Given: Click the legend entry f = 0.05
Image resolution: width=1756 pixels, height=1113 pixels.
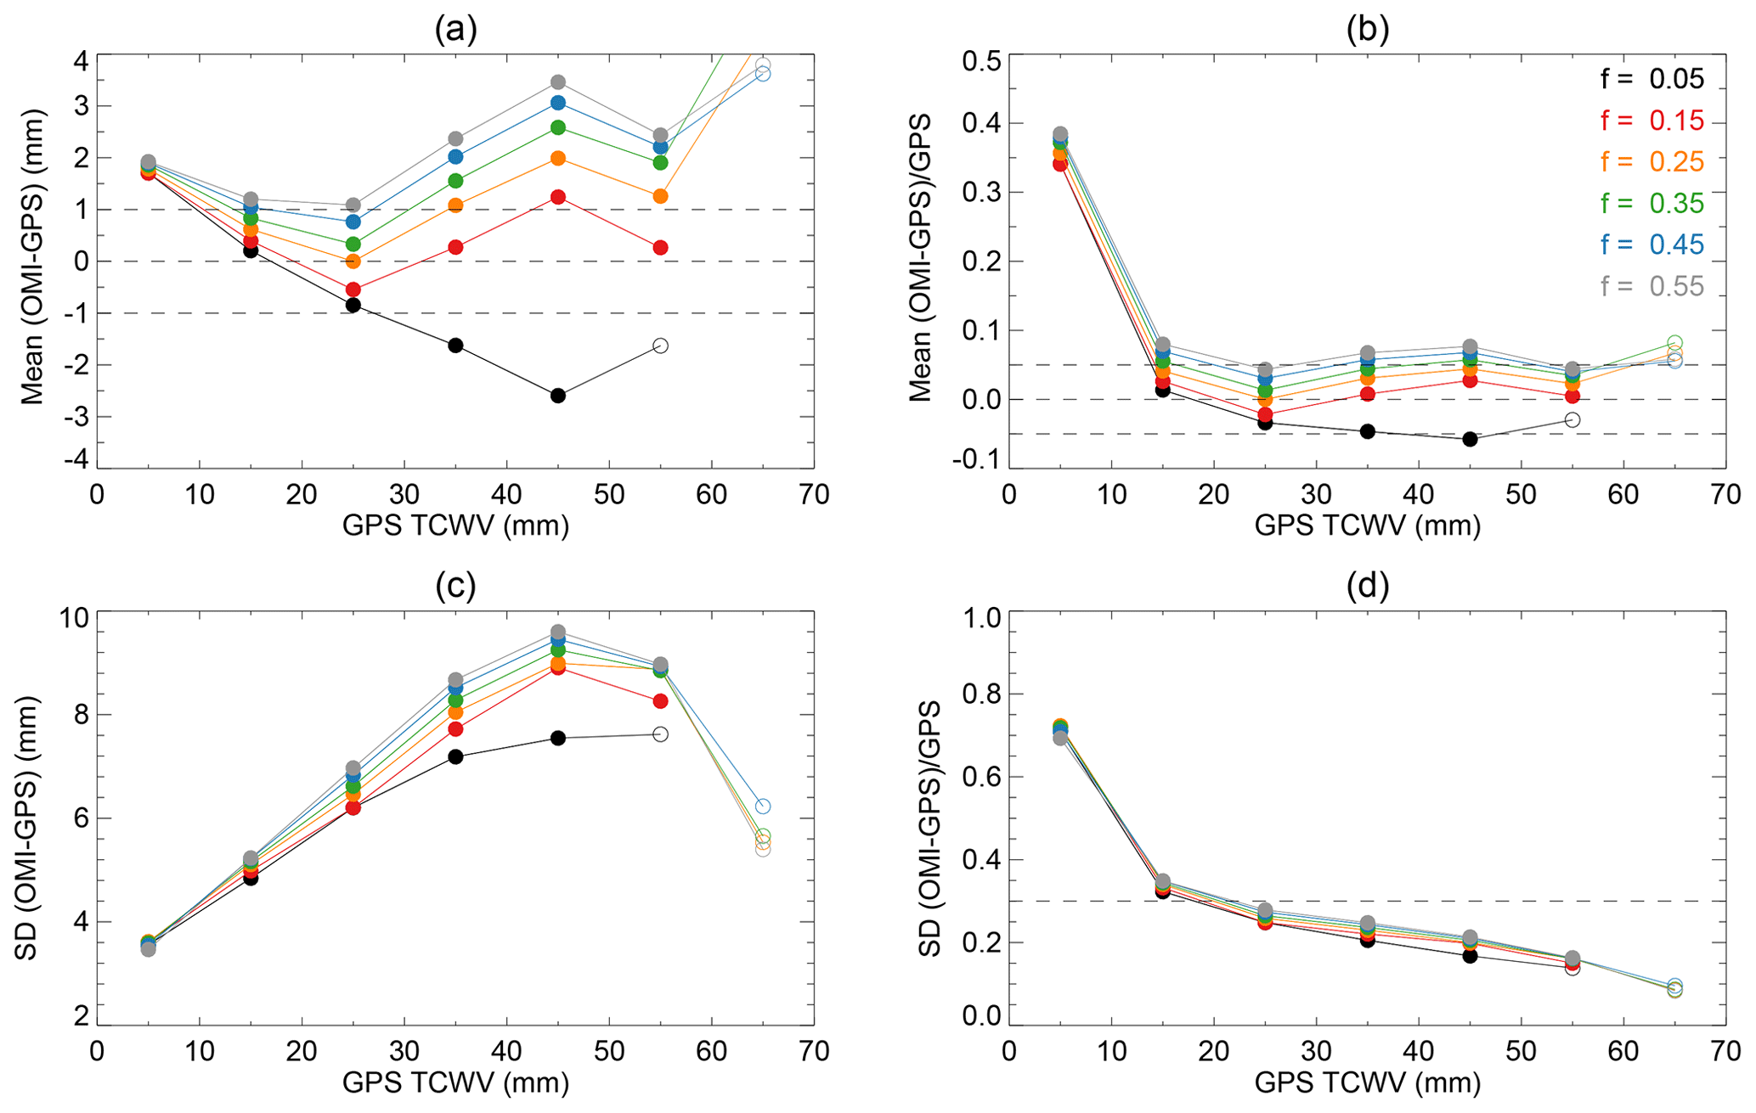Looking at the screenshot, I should [x=1652, y=79].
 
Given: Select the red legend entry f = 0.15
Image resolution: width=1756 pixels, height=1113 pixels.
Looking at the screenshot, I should [x=1652, y=121].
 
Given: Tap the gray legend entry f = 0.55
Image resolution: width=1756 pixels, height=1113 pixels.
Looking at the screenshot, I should [x=1652, y=286].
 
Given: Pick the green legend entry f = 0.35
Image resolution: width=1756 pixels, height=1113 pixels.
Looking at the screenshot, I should [x=1652, y=203].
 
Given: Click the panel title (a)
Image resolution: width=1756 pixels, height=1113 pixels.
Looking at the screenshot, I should [x=455, y=30].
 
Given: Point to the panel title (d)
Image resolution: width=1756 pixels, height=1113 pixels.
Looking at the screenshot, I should [x=1367, y=586].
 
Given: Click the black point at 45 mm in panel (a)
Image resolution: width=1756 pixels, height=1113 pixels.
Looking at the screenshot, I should [x=558, y=396].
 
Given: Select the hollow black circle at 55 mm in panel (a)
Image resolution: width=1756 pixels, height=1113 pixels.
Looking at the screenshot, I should [x=661, y=346].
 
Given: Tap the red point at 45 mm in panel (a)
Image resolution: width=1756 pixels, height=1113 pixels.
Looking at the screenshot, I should [x=558, y=197].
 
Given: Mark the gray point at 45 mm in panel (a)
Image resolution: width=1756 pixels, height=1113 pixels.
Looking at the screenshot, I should [x=558, y=82].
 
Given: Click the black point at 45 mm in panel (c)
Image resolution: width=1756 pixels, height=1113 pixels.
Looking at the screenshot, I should [x=558, y=739].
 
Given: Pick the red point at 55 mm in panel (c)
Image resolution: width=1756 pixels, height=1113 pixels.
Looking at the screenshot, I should [x=661, y=701].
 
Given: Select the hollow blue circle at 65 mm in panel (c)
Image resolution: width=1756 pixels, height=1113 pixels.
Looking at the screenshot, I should [x=763, y=806].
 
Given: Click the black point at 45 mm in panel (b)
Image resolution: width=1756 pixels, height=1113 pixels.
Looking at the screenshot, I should [x=1470, y=439].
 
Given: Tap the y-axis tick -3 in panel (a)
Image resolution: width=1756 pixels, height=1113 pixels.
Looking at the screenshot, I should [x=80, y=417].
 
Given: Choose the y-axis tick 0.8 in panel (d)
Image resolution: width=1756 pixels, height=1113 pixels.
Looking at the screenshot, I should [x=980, y=694].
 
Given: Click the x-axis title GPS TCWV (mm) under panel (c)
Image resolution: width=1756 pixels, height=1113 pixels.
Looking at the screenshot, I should [x=455, y=1082].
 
